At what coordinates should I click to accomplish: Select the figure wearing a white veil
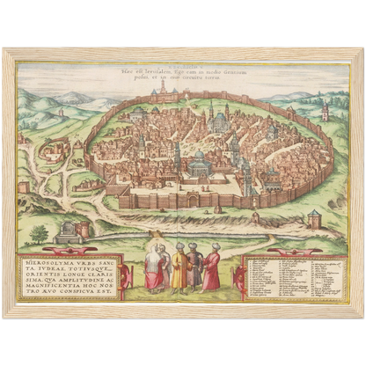154,268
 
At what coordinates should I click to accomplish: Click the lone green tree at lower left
40,234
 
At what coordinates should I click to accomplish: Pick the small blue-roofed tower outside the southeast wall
314,218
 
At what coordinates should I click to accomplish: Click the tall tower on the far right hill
326,111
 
